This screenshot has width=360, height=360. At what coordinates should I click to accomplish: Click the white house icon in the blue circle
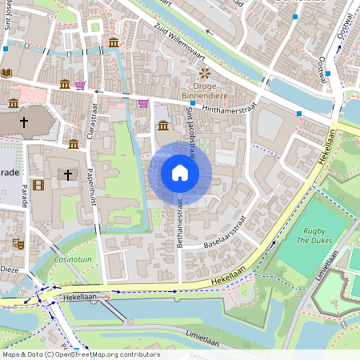click(180, 172)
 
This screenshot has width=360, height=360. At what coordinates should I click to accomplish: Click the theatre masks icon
click(18, 242)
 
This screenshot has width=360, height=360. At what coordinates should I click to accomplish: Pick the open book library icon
click(7, 73)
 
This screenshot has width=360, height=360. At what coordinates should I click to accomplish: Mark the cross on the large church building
click(25, 122)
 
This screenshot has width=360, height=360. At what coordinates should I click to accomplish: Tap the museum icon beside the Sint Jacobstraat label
click(163, 126)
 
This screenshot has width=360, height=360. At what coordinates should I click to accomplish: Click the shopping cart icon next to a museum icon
click(80, 85)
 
